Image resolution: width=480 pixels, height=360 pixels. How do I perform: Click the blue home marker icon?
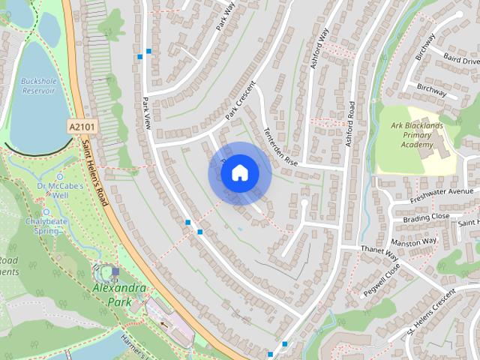tap(239, 173)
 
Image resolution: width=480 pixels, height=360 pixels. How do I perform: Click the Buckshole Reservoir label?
tap(38, 85)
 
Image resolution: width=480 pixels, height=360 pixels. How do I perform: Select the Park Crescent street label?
tap(240, 100)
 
